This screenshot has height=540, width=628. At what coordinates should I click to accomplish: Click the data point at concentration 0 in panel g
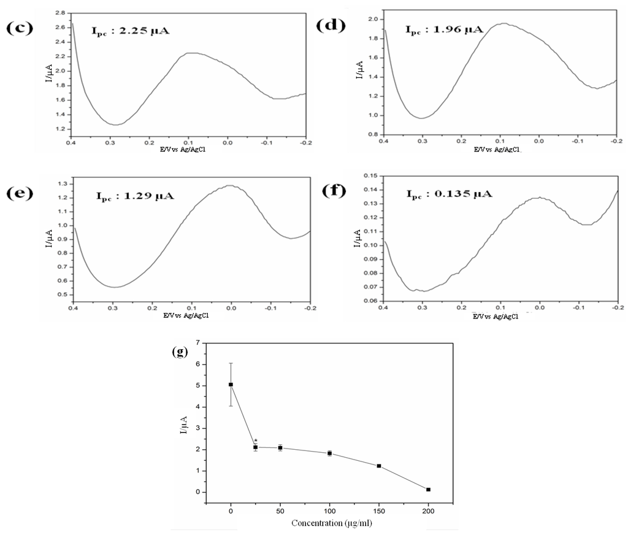point(231,385)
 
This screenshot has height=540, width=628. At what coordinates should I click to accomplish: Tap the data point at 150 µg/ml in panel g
point(379,466)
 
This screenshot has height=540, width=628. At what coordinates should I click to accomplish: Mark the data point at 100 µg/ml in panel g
point(329,453)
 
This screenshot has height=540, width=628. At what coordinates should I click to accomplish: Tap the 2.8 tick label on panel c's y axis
point(59,12)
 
